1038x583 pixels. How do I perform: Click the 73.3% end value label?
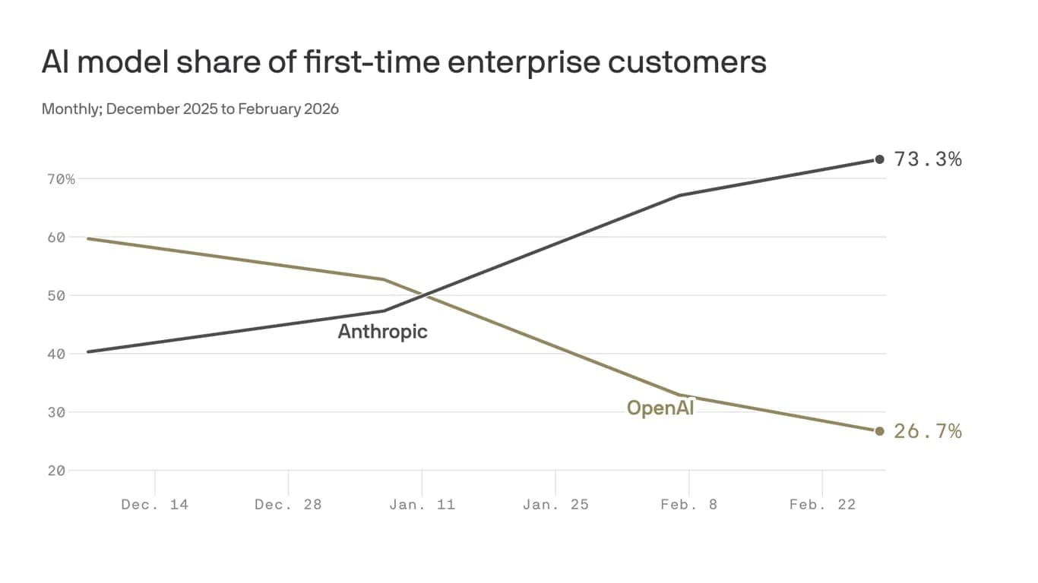coord(928,159)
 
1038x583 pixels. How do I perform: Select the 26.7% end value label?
coord(928,431)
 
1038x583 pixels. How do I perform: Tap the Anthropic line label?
coord(382,332)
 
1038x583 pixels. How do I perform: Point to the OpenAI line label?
coord(660,408)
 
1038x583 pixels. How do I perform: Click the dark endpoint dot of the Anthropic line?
coord(880,159)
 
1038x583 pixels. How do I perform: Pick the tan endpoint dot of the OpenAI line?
coord(880,431)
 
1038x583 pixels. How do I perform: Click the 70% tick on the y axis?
coord(59,179)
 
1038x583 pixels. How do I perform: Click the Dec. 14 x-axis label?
coord(154,504)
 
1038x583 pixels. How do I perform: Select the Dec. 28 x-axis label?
coord(288,504)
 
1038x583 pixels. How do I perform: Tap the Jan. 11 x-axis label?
coord(422,504)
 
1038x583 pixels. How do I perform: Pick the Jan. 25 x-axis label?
coord(555,504)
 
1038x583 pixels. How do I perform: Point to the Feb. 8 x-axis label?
coord(688,504)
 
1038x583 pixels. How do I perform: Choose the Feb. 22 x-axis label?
coord(822,504)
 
